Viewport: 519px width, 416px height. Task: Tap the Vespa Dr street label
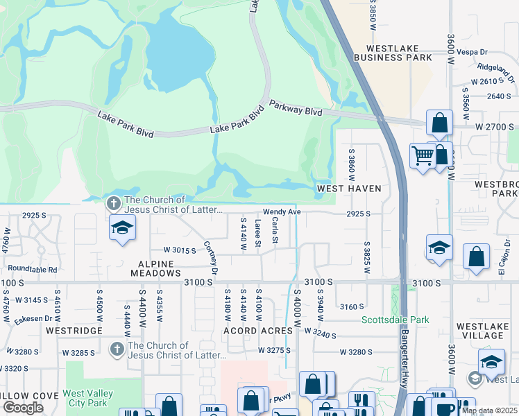tap(475, 52)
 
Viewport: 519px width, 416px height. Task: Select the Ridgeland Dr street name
tap(495, 71)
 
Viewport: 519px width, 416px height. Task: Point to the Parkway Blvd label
tap(296, 106)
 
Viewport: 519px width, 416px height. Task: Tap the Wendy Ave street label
tap(281, 212)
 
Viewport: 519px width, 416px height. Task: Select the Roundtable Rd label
tap(33, 268)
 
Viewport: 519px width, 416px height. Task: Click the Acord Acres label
tap(257, 331)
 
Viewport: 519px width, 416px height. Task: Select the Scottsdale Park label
tap(395, 320)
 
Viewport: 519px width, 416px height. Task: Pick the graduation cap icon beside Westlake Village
tap(491, 361)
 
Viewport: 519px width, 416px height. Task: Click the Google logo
tap(23, 408)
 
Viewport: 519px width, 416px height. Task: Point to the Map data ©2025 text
tap(489, 411)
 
